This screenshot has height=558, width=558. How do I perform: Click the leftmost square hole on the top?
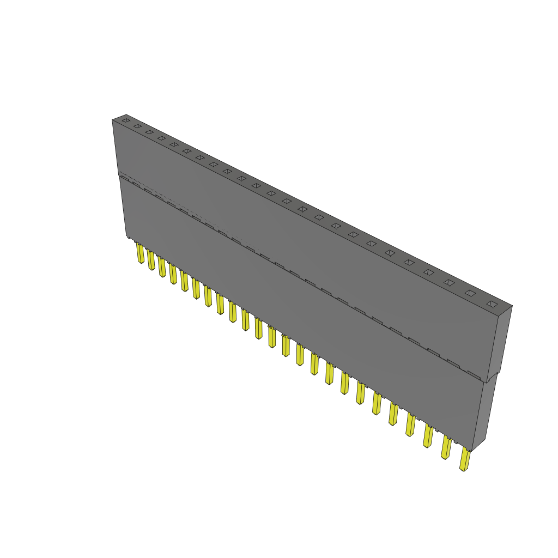(126, 120)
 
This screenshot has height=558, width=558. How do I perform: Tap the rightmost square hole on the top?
(492, 304)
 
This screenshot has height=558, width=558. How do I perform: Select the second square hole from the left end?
(137, 126)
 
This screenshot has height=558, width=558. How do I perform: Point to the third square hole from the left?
(149, 132)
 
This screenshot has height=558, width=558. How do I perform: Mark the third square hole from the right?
(449, 282)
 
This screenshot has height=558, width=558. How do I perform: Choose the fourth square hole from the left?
(161, 138)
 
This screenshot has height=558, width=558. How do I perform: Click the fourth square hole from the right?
(429, 272)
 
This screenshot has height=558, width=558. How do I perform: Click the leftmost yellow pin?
(141, 253)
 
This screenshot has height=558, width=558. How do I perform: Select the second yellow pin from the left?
(151, 260)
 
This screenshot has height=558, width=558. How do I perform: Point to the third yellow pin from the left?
(162, 267)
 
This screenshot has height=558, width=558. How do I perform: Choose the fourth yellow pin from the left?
(173, 274)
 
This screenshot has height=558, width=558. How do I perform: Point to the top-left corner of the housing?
(113, 120)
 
